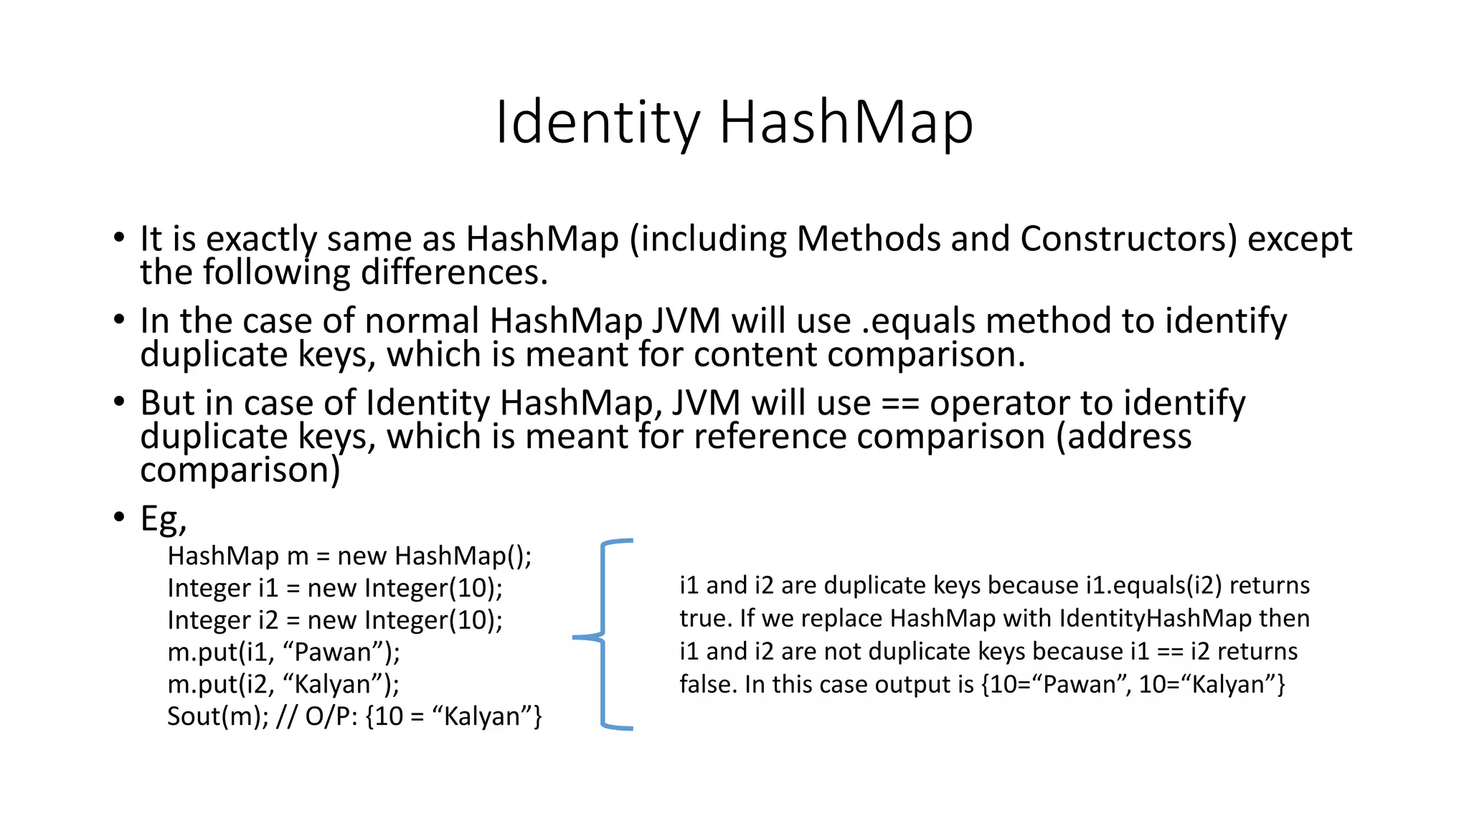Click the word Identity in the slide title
click(597, 123)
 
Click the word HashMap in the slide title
click(846, 123)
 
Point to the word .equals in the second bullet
click(918, 321)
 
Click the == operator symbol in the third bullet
click(900, 404)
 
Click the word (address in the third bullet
click(1123, 437)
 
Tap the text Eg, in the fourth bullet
click(164, 518)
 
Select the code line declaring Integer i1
click(335, 588)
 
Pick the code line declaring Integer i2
click(335, 620)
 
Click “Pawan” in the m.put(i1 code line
click(333, 652)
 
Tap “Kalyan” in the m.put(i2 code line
click(333, 685)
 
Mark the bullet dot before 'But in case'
click(119, 402)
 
